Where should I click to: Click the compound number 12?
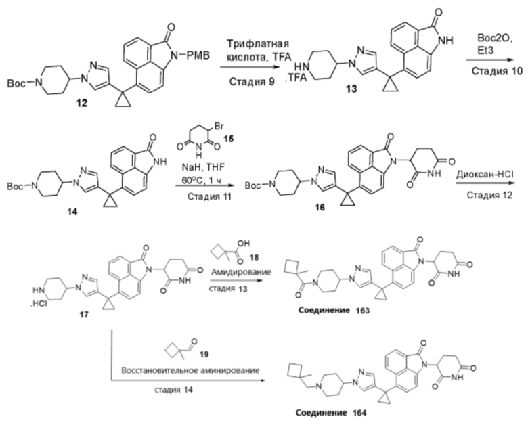pyautogui.click(x=81, y=103)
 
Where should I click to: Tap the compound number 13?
pyautogui.click(x=351, y=89)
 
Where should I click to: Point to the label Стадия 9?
pyautogui.click(x=252, y=81)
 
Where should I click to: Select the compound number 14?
pyautogui.click(x=72, y=212)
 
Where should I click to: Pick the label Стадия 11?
pyautogui.click(x=209, y=196)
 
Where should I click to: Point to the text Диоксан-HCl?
pyautogui.click(x=485, y=175)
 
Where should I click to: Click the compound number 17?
pyautogui.click(x=84, y=315)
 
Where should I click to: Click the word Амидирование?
pyautogui.click(x=241, y=272)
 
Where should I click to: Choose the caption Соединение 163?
pyautogui.click(x=334, y=310)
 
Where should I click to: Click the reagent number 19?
pyautogui.click(x=204, y=354)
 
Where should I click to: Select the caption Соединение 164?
pyautogui.click(x=331, y=413)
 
